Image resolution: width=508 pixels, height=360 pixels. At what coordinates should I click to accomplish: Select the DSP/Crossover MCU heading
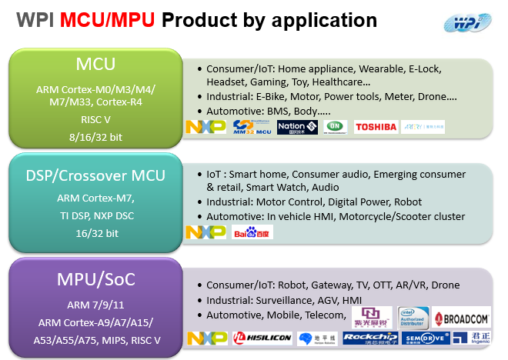coord(95,175)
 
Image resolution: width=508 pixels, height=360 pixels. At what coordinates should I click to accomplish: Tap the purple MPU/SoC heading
coord(95,278)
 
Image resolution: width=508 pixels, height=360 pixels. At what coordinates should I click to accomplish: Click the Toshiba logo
coord(375,127)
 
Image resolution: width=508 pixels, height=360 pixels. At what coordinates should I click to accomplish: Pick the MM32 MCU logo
coord(250,127)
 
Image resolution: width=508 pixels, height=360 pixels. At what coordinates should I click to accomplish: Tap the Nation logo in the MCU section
coord(291,127)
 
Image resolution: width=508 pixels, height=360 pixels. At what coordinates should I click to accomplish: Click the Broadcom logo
coord(461,317)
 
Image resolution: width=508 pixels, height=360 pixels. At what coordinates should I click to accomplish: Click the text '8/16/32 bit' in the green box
coord(95,137)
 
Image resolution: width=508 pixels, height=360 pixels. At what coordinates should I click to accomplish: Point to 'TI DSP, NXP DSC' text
coord(95,215)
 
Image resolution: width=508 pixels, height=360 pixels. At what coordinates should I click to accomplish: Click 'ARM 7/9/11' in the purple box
coord(95,305)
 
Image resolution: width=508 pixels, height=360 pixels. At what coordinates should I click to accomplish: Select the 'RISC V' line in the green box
coord(95,120)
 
